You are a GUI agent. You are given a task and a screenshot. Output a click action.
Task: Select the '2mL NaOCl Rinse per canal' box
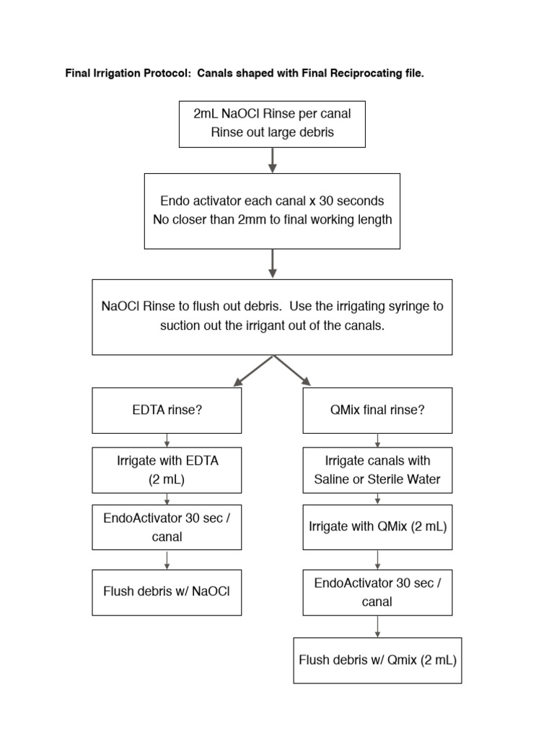[272, 123]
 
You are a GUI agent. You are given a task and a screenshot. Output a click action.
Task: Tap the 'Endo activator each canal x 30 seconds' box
[272, 210]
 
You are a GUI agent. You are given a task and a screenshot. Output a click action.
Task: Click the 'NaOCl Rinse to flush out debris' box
[272, 316]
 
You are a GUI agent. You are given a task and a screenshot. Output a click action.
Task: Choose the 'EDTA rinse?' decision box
[167, 410]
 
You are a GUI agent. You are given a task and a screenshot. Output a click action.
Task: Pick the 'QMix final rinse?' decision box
[377, 410]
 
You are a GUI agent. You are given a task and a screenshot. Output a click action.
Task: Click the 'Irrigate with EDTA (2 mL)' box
[167, 470]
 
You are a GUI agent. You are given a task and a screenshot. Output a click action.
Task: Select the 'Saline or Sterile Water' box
[377, 470]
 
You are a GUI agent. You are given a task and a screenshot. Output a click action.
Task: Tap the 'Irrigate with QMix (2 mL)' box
[377, 526]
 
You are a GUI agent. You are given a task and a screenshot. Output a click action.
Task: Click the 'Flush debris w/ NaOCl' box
[167, 592]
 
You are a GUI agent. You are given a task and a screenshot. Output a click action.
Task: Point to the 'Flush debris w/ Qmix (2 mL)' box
[377, 660]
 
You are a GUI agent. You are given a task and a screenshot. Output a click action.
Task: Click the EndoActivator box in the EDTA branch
[167, 528]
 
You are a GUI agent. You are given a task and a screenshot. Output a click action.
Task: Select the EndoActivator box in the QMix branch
[377, 592]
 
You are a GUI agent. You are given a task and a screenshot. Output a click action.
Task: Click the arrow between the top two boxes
[272, 159]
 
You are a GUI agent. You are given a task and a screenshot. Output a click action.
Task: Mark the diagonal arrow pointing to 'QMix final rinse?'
[293, 371]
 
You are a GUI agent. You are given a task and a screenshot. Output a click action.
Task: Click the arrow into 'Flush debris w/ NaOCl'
[167, 559]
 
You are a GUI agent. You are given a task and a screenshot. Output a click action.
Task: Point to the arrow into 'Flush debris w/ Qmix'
[377, 626]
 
